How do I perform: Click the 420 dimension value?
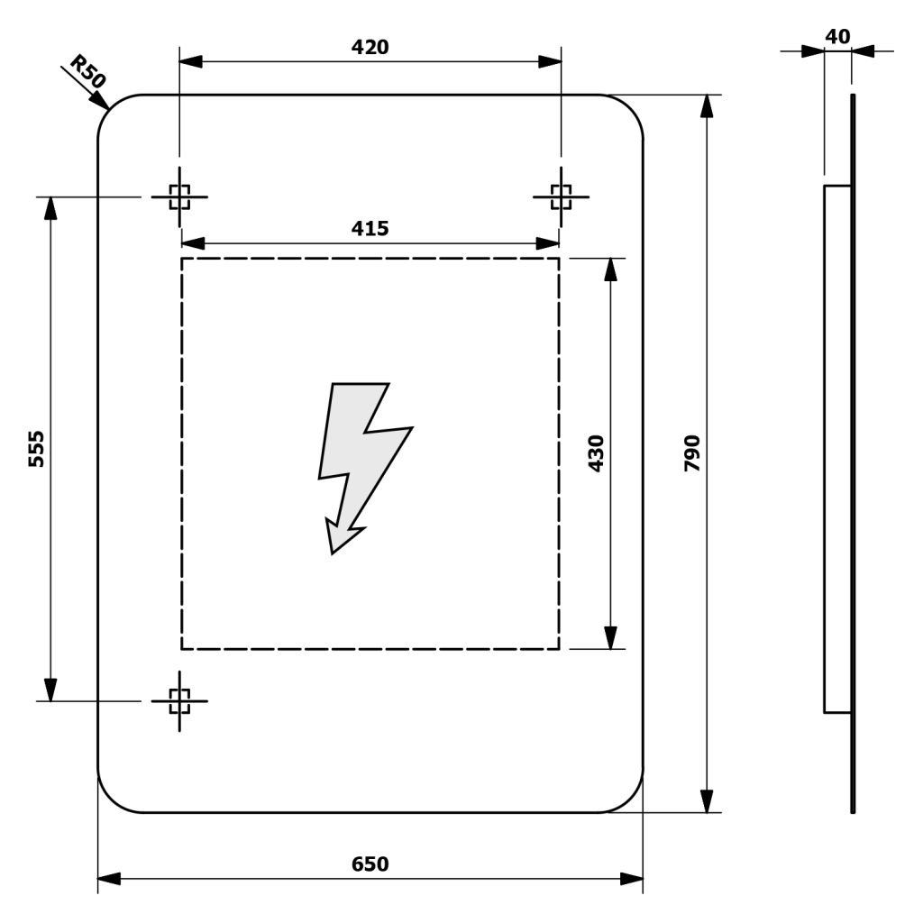tap(370, 47)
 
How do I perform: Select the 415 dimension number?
tap(370, 229)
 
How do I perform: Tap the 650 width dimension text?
tap(370, 864)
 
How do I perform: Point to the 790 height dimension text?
tap(691, 452)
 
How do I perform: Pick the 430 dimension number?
tap(596, 452)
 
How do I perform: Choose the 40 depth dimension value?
tap(837, 36)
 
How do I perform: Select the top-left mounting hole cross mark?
tap(179, 196)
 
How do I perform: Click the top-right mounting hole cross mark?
tap(561, 196)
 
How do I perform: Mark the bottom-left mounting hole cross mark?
tap(179, 700)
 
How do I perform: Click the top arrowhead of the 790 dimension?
tap(708, 105)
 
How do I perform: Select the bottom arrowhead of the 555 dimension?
tap(50, 690)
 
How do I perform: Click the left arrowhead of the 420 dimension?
tap(190, 61)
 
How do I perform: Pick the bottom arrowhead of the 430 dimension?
tap(611, 638)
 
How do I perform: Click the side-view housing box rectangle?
tap(837, 449)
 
